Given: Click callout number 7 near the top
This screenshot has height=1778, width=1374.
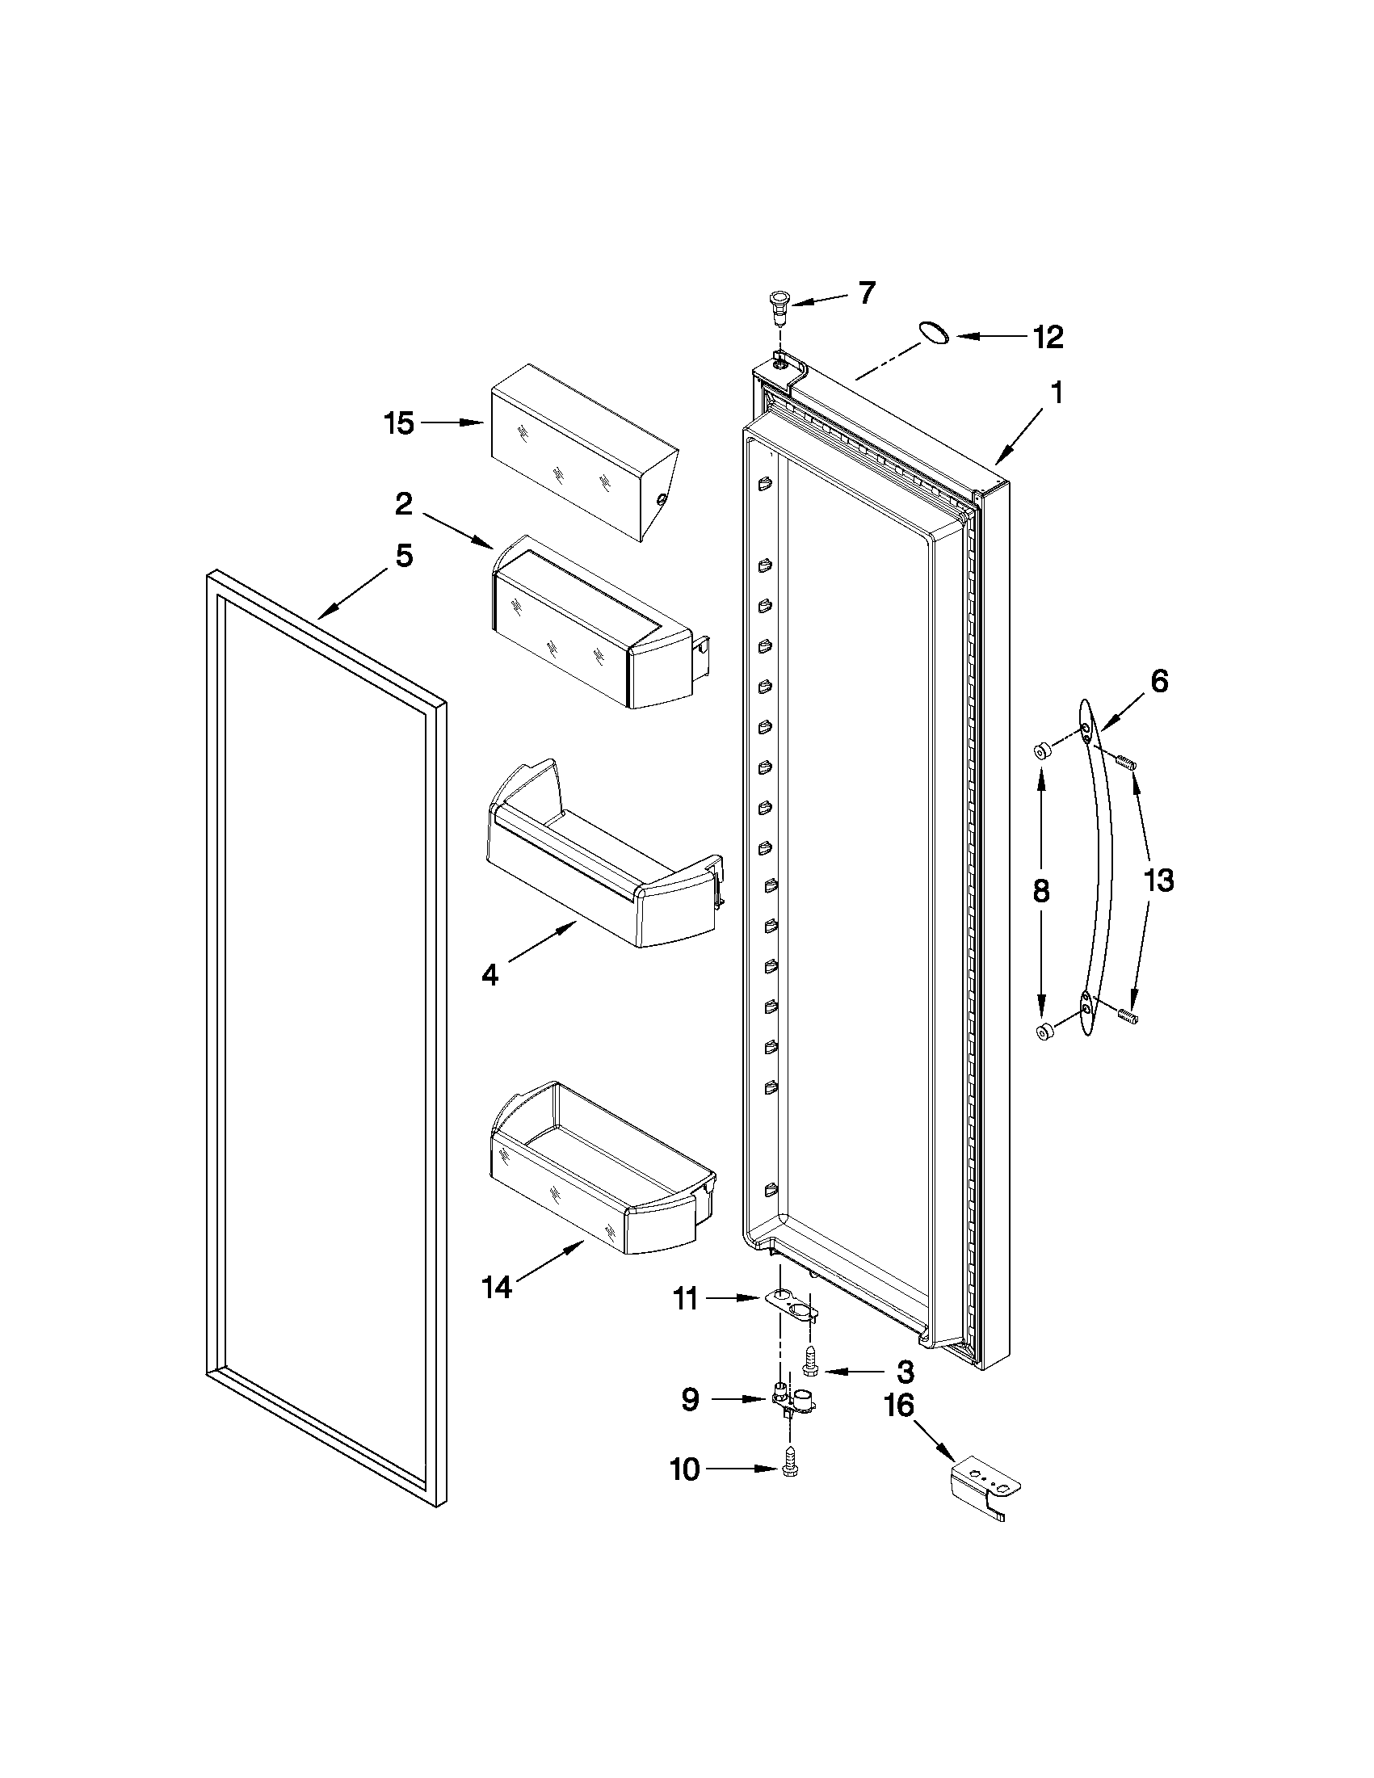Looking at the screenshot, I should [x=867, y=293].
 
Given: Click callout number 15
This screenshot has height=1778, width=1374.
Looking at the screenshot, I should [x=399, y=423].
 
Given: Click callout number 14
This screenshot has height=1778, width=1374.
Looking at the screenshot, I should [x=496, y=1287].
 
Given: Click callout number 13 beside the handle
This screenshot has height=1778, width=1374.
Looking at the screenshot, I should [x=1159, y=880].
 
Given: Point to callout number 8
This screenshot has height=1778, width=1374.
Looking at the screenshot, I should [x=1041, y=892].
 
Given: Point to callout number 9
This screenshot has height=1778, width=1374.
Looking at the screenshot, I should [x=690, y=1398].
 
